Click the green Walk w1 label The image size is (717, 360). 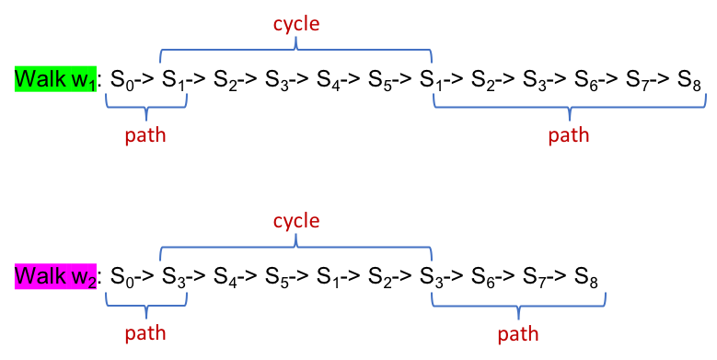(x=55, y=79)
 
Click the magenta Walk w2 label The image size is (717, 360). (x=55, y=276)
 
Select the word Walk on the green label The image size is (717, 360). (x=39, y=78)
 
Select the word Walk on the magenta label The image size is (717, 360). (x=39, y=275)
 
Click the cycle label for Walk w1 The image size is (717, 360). (x=296, y=24)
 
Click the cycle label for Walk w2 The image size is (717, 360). (x=296, y=221)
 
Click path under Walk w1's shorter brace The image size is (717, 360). (x=145, y=135)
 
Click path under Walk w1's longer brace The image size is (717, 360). (x=569, y=135)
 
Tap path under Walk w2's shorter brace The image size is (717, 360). (x=145, y=333)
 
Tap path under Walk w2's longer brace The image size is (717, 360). (x=518, y=333)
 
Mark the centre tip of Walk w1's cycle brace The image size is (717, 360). (x=296, y=42)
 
